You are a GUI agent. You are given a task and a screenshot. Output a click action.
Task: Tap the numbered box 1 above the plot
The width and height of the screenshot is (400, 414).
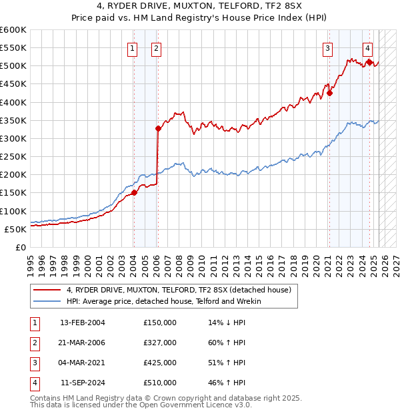pyautogui.click(x=133, y=48)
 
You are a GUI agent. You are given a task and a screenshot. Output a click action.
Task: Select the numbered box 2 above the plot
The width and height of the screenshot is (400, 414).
pyautogui.click(x=156, y=48)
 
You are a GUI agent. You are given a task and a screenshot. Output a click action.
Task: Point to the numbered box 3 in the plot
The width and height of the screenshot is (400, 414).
pyautogui.click(x=328, y=48)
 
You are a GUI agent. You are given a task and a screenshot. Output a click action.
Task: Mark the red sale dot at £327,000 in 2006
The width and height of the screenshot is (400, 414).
pyautogui.click(x=158, y=128)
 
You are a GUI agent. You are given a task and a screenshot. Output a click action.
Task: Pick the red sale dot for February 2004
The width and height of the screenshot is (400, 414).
pyautogui.click(x=134, y=192)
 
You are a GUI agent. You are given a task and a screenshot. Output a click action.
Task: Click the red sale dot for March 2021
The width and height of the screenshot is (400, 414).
pyautogui.click(x=329, y=93)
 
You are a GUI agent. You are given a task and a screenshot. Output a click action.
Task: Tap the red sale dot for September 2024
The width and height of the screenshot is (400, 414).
pyautogui.click(x=369, y=62)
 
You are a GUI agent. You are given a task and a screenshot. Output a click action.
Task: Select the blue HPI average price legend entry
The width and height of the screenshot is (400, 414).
pyautogui.click(x=164, y=302)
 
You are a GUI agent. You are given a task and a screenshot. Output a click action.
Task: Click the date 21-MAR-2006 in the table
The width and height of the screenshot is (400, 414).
pyautogui.click(x=82, y=343)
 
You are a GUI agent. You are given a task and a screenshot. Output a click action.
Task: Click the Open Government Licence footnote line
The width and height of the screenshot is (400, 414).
pyautogui.click(x=141, y=405)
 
